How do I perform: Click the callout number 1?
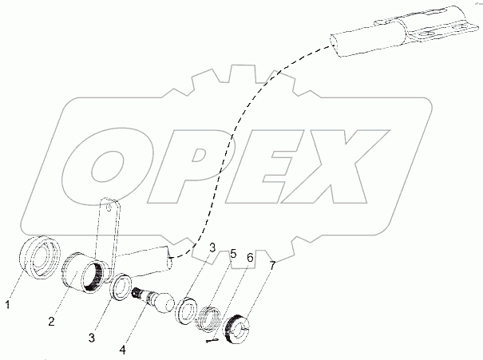8,303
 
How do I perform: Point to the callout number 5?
234,254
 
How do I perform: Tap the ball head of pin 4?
164,303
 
